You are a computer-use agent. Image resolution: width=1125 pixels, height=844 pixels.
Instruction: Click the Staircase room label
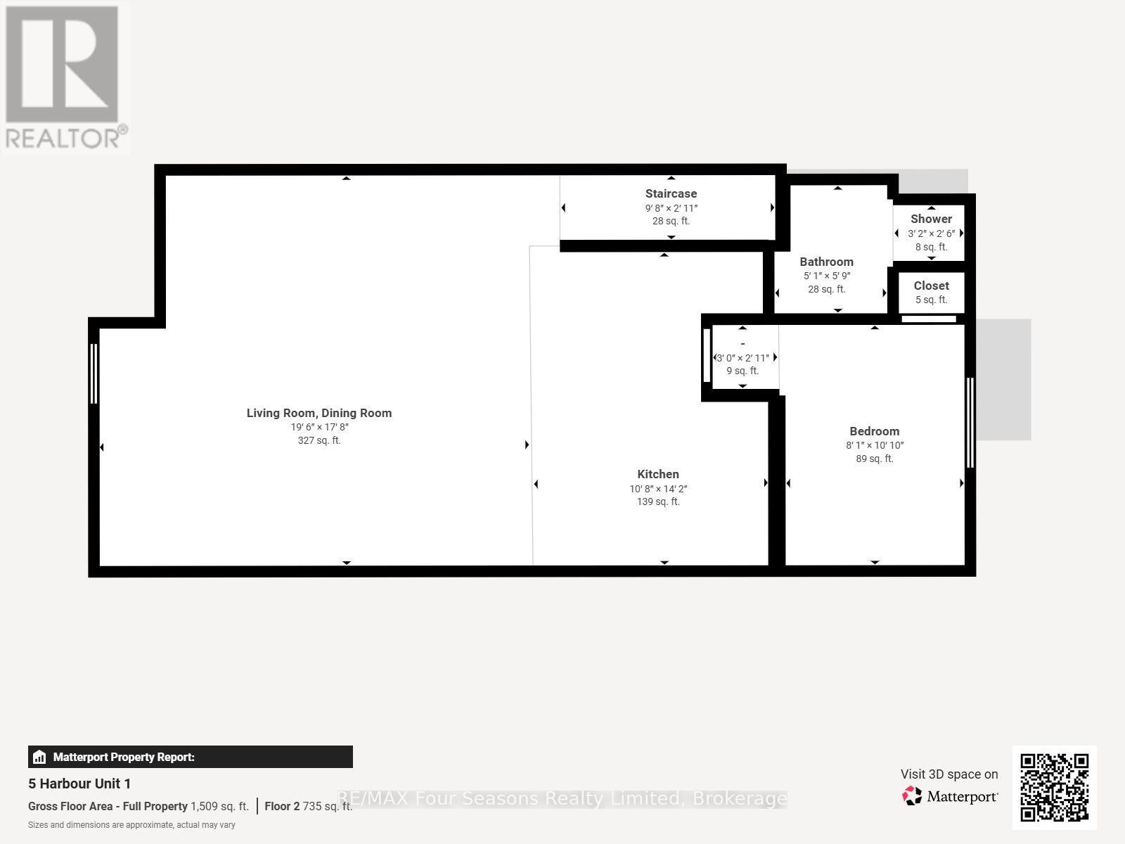pyautogui.click(x=671, y=193)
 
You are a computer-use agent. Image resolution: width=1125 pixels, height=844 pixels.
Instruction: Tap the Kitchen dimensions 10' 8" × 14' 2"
pyautogui.click(x=658, y=489)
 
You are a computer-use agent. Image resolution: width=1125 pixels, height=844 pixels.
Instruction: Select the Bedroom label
pyautogui.click(x=875, y=431)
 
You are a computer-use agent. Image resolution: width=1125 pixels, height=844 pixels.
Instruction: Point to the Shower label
pyautogui.click(x=931, y=219)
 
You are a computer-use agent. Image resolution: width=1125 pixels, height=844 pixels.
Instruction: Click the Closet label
pyautogui.click(x=931, y=286)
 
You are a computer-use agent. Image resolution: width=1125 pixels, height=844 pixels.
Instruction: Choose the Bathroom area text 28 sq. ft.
pyautogui.click(x=827, y=290)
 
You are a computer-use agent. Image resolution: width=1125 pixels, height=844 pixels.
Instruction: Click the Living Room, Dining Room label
pyautogui.click(x=319, y=413)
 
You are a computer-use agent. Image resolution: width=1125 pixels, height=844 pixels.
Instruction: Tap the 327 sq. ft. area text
pyautogui.click(x=319, y=440)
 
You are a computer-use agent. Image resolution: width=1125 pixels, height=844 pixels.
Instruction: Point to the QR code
pyautogui.click(x=1054, y=787)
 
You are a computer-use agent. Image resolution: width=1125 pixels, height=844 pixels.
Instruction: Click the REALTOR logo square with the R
pyautogui.click(x=62, y=64)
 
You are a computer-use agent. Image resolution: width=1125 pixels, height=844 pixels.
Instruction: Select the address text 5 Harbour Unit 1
pyautogui.click(x=79, y=784)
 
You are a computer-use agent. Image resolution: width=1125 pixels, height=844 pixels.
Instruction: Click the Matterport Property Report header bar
pyautogui.click(x=190, y=757)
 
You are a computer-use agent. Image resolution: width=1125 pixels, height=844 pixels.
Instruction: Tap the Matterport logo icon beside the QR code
pyautogui.click(x=912, y=796)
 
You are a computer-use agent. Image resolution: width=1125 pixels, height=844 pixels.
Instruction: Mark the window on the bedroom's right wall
pyautogui.click(x=970, y=423)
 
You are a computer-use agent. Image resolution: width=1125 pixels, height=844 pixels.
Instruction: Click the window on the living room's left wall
pyautogui.click(x=94, y=373)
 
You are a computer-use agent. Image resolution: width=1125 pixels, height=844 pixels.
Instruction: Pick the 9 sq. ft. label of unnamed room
pyautogui.click(x=742, y=371)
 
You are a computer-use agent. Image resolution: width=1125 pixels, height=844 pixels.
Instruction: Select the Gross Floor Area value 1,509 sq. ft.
pyautogui.click(x=220, y=807)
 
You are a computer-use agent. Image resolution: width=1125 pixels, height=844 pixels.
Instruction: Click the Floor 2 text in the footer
pyautogui.click(x=282, y=807)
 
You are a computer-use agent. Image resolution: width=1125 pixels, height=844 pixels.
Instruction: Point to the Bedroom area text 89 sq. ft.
pyautogui.click(x=875, y=459)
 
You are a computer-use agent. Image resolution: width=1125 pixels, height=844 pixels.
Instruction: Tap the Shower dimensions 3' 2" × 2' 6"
pyautogui.click(x=931, y=234)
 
